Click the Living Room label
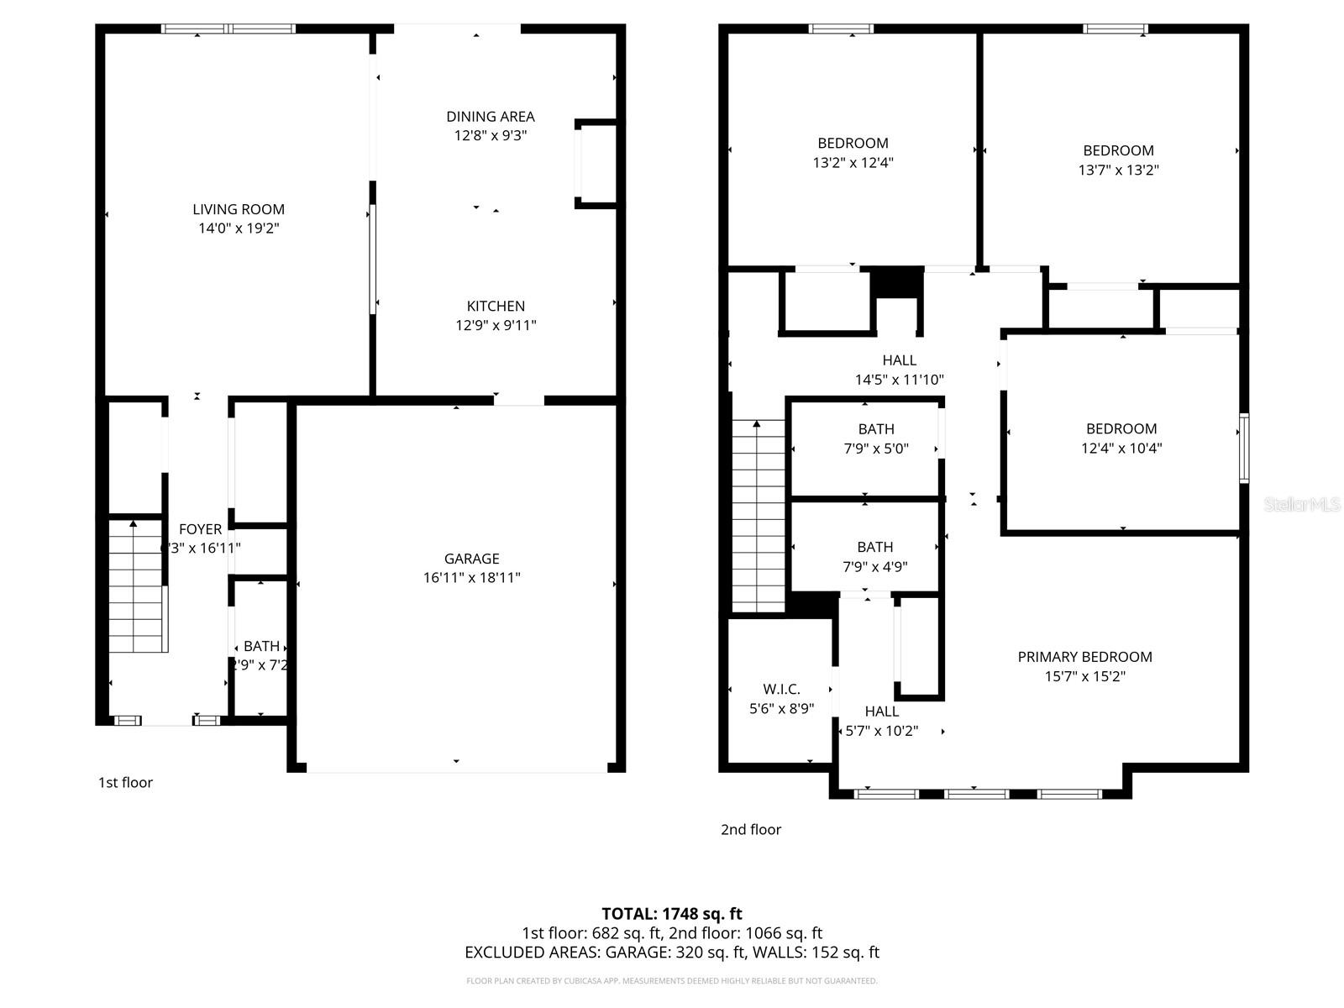239,209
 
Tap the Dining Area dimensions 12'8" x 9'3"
491,136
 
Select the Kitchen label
496,307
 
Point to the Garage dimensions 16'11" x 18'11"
472,578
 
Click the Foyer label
201,529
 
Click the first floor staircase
136,588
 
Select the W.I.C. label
781,690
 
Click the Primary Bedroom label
1084,657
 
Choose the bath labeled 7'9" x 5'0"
876,438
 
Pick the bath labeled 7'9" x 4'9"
875,556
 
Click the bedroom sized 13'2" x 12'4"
853,153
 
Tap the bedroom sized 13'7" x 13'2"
1118,160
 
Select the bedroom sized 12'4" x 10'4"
1121,438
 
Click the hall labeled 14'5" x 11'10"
899,370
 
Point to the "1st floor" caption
125,783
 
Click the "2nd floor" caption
751,830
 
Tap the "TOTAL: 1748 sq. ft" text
672,914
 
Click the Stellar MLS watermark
1301,504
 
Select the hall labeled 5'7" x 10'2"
881,721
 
